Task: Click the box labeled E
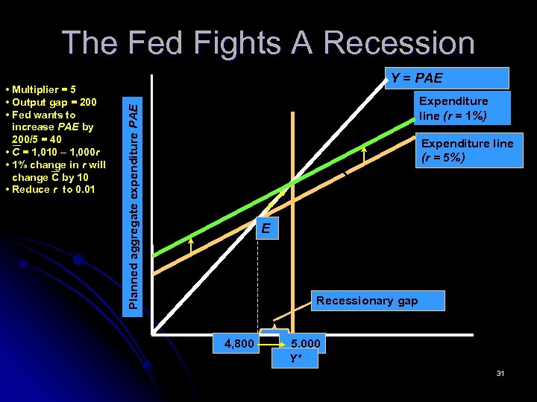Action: pos(266,229)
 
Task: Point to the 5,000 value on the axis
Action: pos(306,344)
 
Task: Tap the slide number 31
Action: pos(500,373)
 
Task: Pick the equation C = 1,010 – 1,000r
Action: pos(56,152)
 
